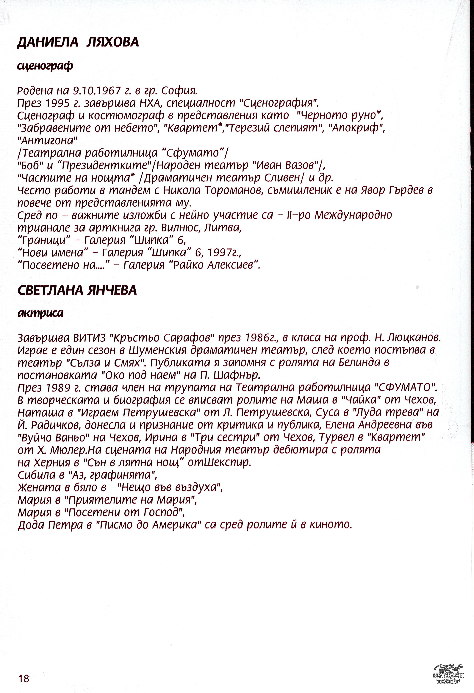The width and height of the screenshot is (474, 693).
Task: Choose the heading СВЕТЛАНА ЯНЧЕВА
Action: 77,290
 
